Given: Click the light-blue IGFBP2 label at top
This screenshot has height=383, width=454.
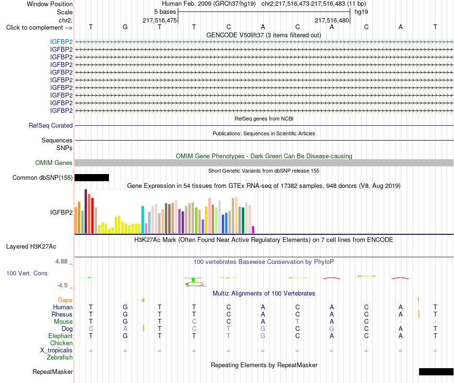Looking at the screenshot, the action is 61,42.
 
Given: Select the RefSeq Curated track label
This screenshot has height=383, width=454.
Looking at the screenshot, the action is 51,125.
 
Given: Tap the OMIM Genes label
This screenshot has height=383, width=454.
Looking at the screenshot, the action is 54,163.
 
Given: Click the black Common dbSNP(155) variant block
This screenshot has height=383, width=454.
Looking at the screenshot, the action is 92,177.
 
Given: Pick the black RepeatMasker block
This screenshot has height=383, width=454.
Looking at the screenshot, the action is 436,372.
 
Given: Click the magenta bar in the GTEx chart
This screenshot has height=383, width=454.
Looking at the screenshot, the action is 253,230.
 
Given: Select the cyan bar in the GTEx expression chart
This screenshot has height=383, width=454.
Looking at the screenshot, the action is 143,219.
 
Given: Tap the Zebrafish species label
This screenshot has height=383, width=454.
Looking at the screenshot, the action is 60,358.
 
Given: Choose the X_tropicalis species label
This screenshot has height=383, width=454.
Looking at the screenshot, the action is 56,350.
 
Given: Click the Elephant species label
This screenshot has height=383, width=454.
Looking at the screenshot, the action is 61,336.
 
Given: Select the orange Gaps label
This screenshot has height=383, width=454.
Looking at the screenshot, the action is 65,300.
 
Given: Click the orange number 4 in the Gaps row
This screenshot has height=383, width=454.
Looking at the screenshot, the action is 143,300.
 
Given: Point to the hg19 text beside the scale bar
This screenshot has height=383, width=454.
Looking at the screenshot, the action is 361,12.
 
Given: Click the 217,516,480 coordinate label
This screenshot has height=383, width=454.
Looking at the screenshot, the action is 332,20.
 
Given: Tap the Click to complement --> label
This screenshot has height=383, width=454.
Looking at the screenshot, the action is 39,28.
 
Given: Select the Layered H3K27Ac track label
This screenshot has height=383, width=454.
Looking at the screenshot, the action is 31,247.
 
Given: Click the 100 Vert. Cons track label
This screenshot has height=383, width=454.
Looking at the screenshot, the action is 27,273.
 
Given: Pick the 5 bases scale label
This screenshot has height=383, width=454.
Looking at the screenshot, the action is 165,12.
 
